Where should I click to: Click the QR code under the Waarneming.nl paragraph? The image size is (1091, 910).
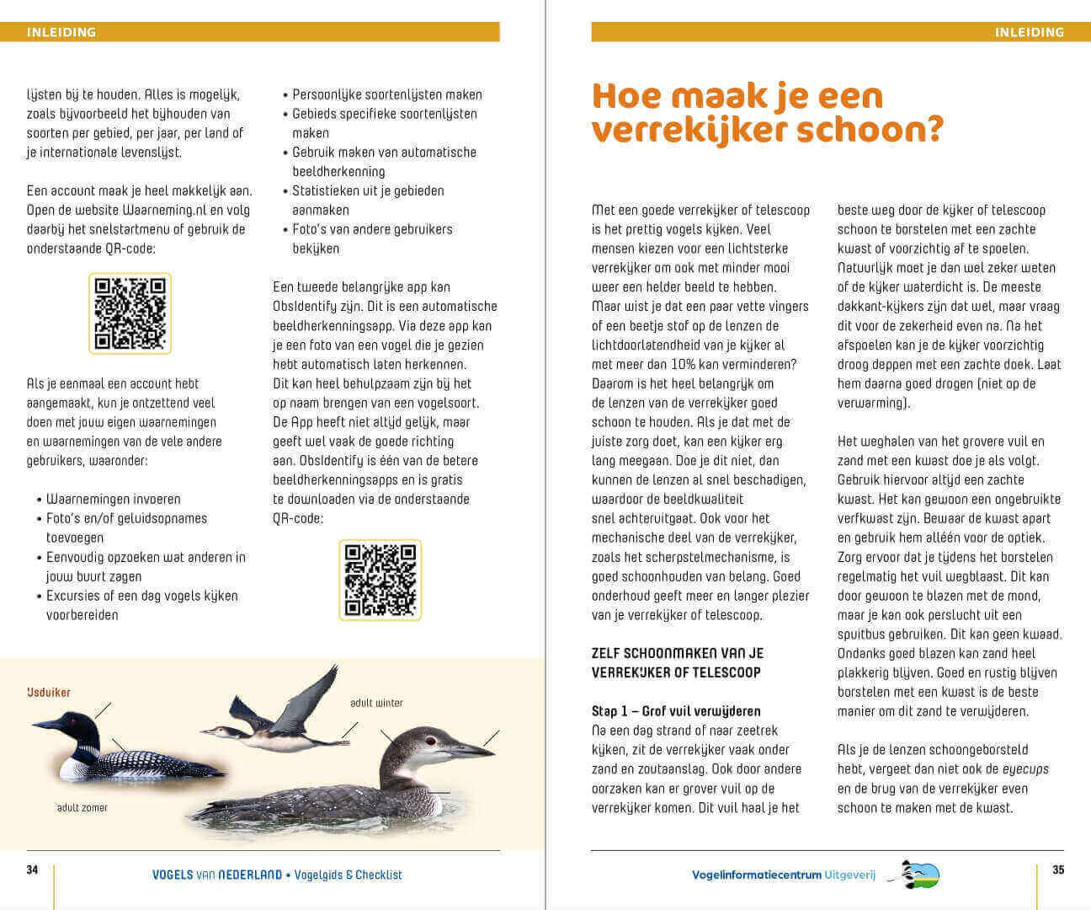tap(130, 313)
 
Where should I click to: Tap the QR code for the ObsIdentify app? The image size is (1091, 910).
tap(381, 581)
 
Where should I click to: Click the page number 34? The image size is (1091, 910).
tap(32, 870)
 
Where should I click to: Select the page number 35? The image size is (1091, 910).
tap(1058, 870)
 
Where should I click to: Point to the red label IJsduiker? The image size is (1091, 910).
tap(49, 693)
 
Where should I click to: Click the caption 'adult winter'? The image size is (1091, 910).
tap(376, 703)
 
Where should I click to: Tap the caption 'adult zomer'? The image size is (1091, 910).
tap(82, 807)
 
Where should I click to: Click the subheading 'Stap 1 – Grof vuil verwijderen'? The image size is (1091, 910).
tap(676, 711)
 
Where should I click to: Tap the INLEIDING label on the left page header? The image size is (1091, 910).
tap(61, 32)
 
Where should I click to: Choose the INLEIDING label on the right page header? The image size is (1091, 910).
tap(1029, 32)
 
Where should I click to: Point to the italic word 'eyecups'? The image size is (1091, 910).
tap(1024, 769)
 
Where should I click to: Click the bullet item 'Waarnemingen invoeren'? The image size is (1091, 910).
tap(113, 499)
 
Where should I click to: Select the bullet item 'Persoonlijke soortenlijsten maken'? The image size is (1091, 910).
tap(387, 94)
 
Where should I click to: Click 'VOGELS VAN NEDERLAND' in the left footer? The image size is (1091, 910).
tap(216, 875)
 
